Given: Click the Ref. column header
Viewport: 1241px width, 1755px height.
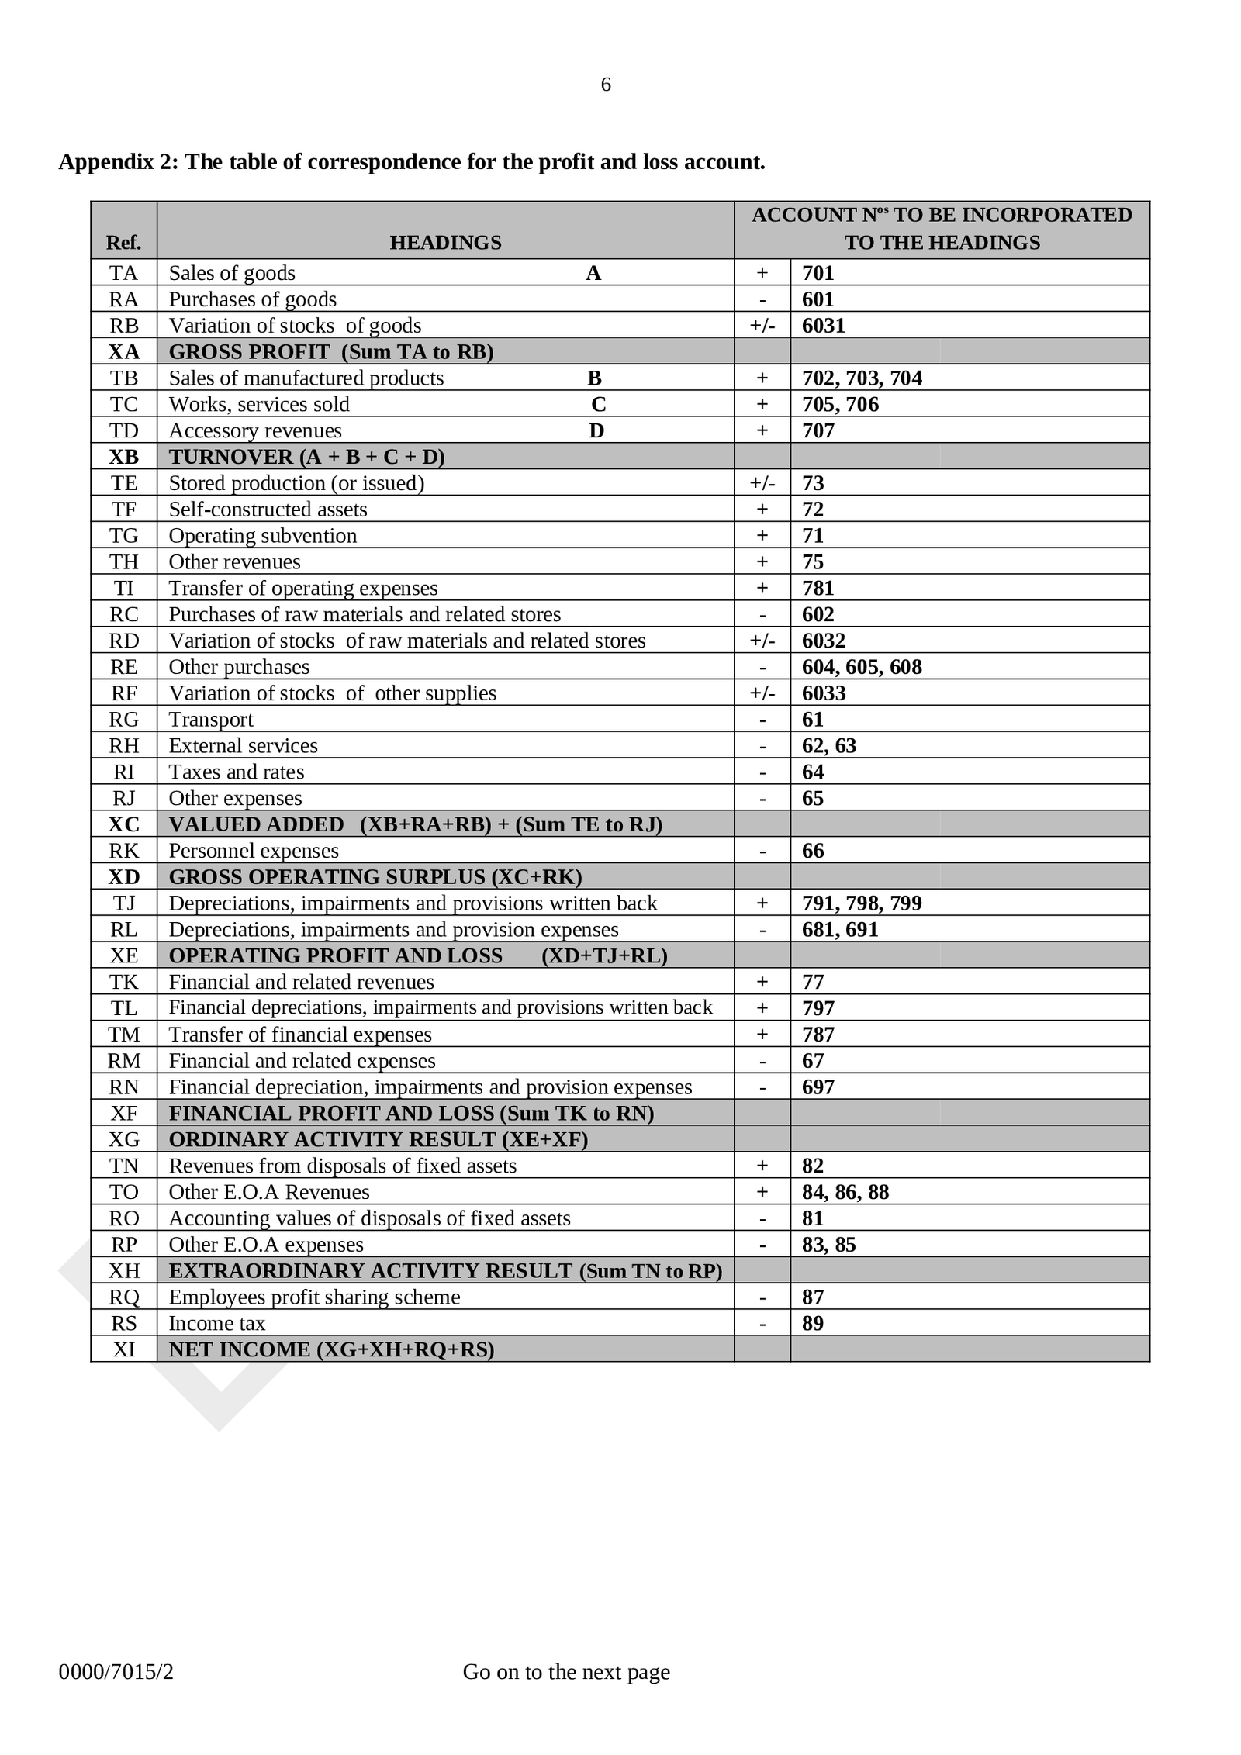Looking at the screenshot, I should click(x=123, y=243).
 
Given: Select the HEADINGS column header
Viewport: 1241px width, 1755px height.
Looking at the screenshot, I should click(x=445, y=243).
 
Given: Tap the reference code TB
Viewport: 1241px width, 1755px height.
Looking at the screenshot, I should click(x=124, y=378).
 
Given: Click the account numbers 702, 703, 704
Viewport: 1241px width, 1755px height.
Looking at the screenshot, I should click(x=862, y=378).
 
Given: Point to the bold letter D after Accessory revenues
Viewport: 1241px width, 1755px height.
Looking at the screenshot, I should click(x=596, y=431).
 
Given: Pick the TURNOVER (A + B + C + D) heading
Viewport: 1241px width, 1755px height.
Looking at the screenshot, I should click(x=306, y=457).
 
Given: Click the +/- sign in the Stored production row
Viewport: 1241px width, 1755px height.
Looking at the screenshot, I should click(x=762, y=483).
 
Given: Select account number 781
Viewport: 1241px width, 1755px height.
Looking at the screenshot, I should click(x=818, y=588).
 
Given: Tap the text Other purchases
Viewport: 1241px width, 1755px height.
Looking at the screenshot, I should click(x=239, y=667).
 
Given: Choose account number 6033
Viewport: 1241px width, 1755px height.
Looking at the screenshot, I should click(x=823, y=693).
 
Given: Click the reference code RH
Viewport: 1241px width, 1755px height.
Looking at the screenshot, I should click(x=124, y=746).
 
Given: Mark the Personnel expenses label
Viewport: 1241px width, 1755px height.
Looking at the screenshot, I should click(x=254, y=851).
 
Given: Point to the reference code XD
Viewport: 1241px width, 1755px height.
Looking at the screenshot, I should click(x=124, y=877).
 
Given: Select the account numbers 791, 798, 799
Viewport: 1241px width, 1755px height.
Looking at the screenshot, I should click(x=862, y=903).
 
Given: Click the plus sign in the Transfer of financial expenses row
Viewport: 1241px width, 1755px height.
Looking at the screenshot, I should click(x=762, y=1035).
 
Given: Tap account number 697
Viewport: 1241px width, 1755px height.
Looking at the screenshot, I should click(x=818, y=1087).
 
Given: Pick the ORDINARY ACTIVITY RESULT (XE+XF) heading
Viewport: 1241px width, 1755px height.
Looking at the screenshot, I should click(x=378, y=1139).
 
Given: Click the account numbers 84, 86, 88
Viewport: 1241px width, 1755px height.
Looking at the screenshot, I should click(x=845, y=1192).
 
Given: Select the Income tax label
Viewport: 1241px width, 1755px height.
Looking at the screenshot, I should click(x=217, y=1323).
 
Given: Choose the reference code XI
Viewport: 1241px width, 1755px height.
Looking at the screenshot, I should click(x=124, y=1349).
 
